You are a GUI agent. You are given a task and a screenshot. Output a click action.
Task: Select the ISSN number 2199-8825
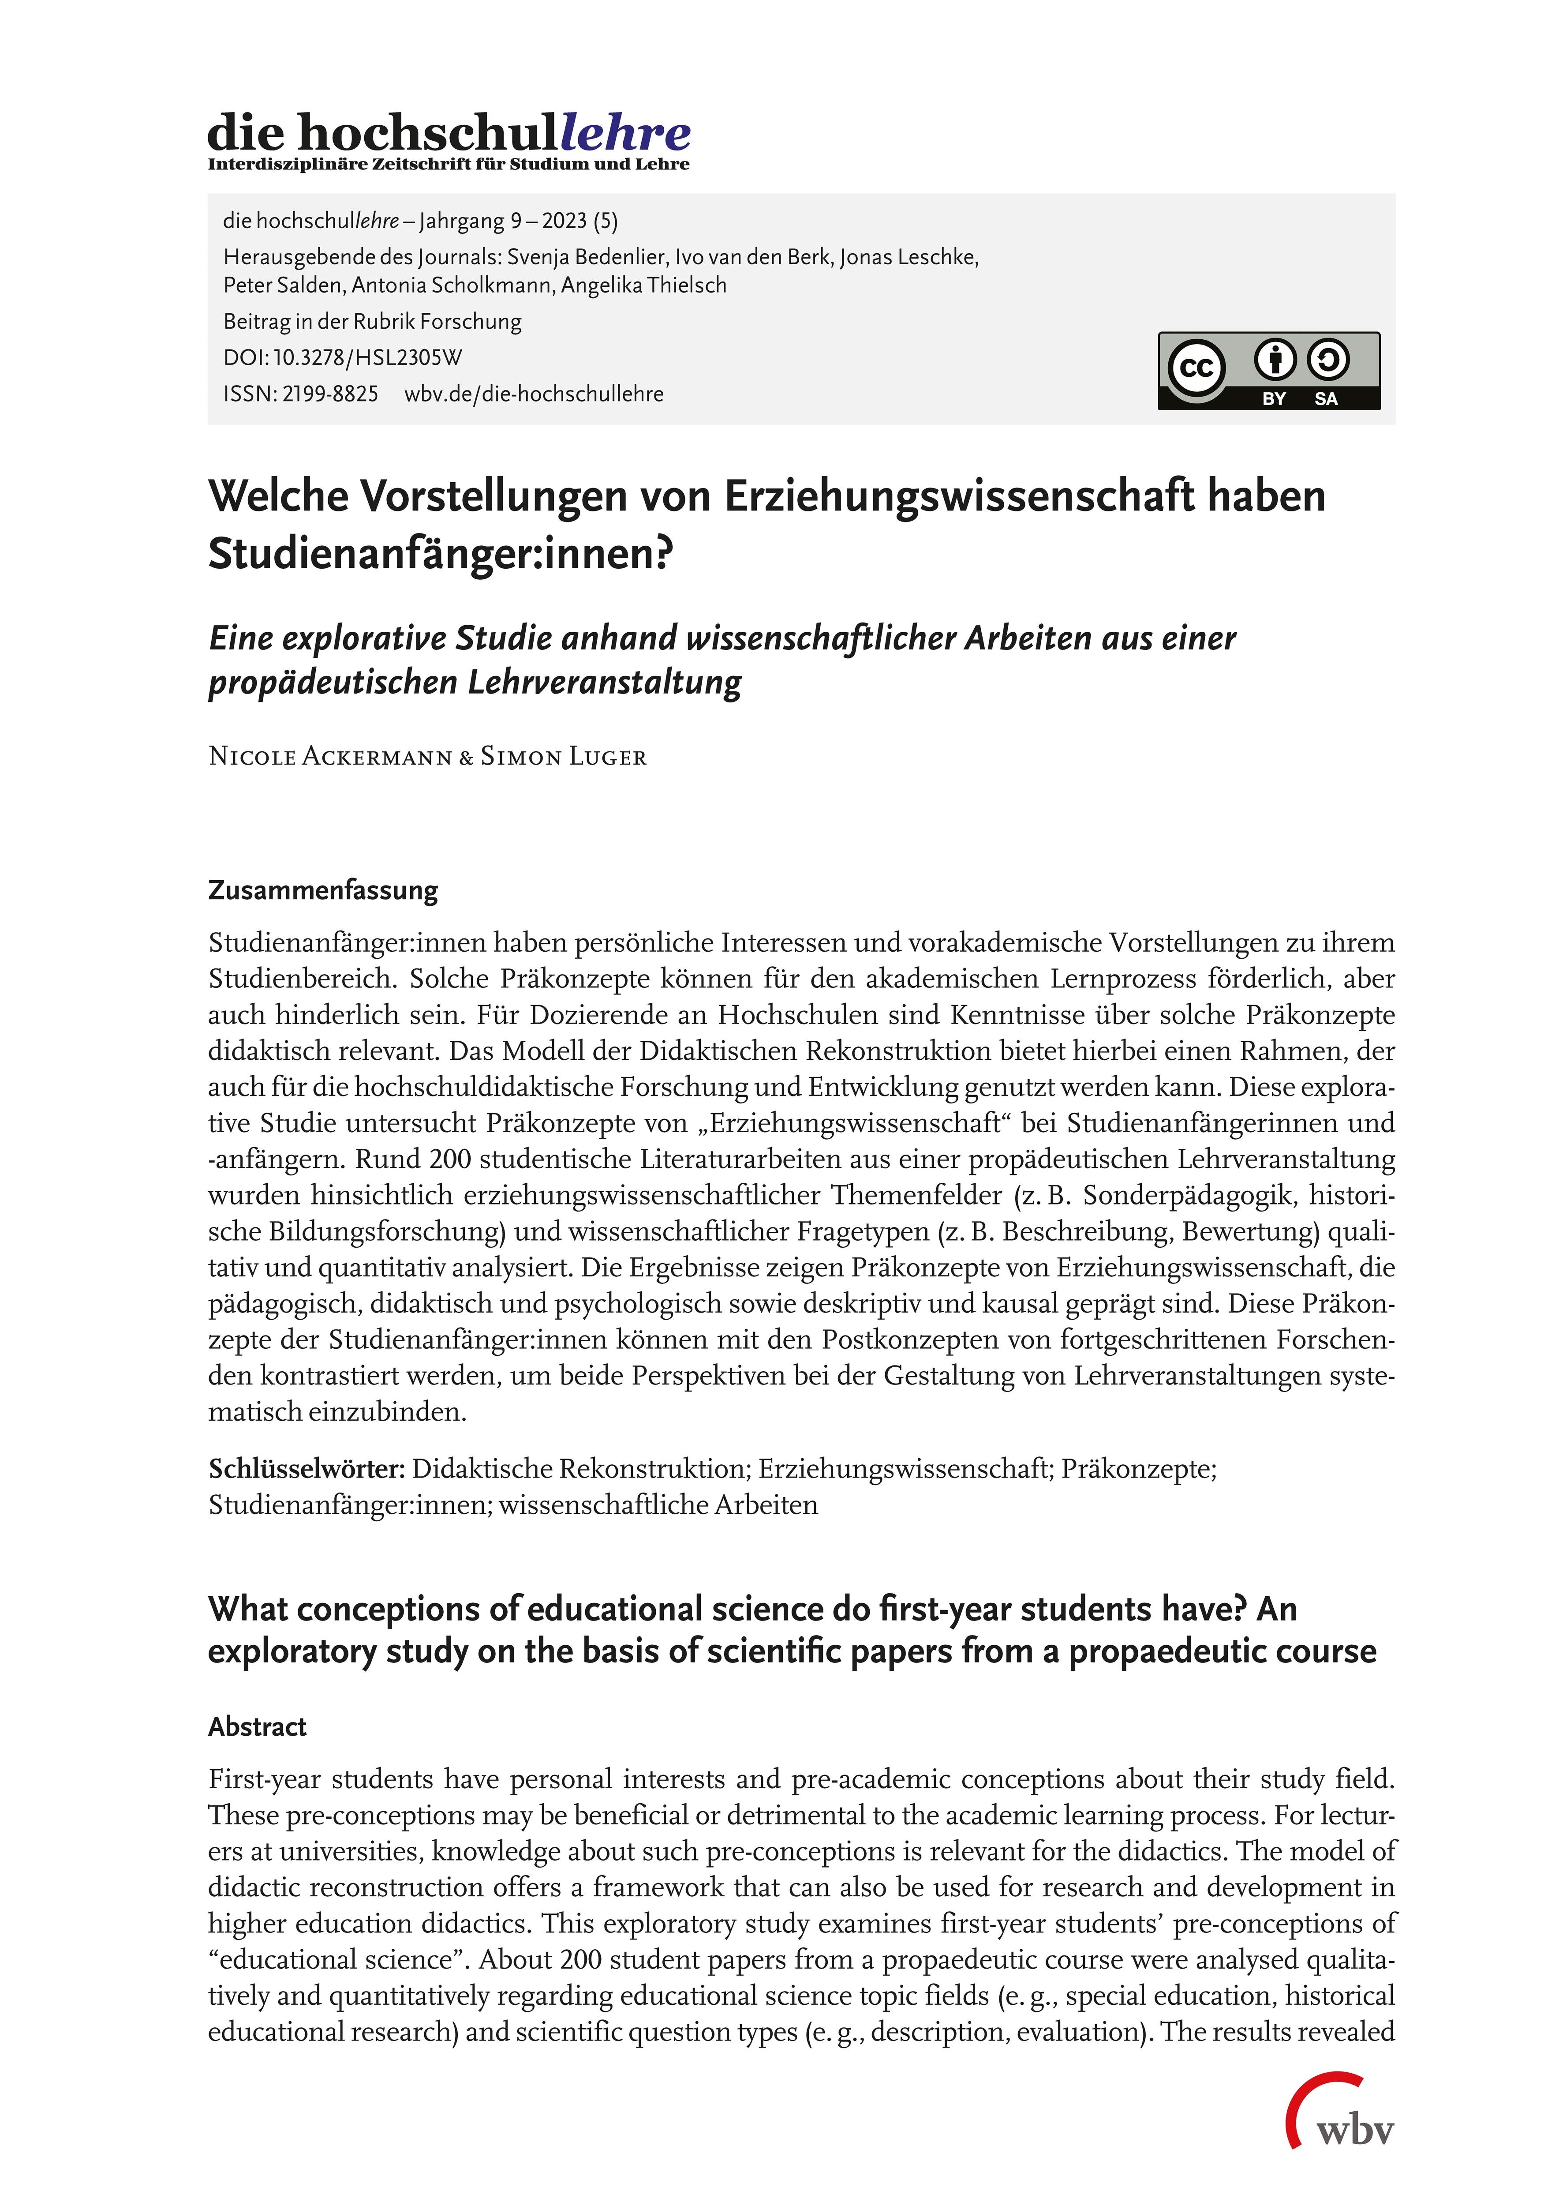coord(329,394)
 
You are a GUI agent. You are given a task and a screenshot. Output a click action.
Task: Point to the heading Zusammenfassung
coord(323,891)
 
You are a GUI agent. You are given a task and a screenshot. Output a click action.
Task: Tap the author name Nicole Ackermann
coord(330,757)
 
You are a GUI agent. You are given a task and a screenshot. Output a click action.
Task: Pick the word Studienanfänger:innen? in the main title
coord(441,553)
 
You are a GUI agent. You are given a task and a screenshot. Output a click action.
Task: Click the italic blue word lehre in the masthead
coord(625,133)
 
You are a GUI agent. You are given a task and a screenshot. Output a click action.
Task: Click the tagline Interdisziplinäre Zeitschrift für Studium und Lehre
coord(449,164)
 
